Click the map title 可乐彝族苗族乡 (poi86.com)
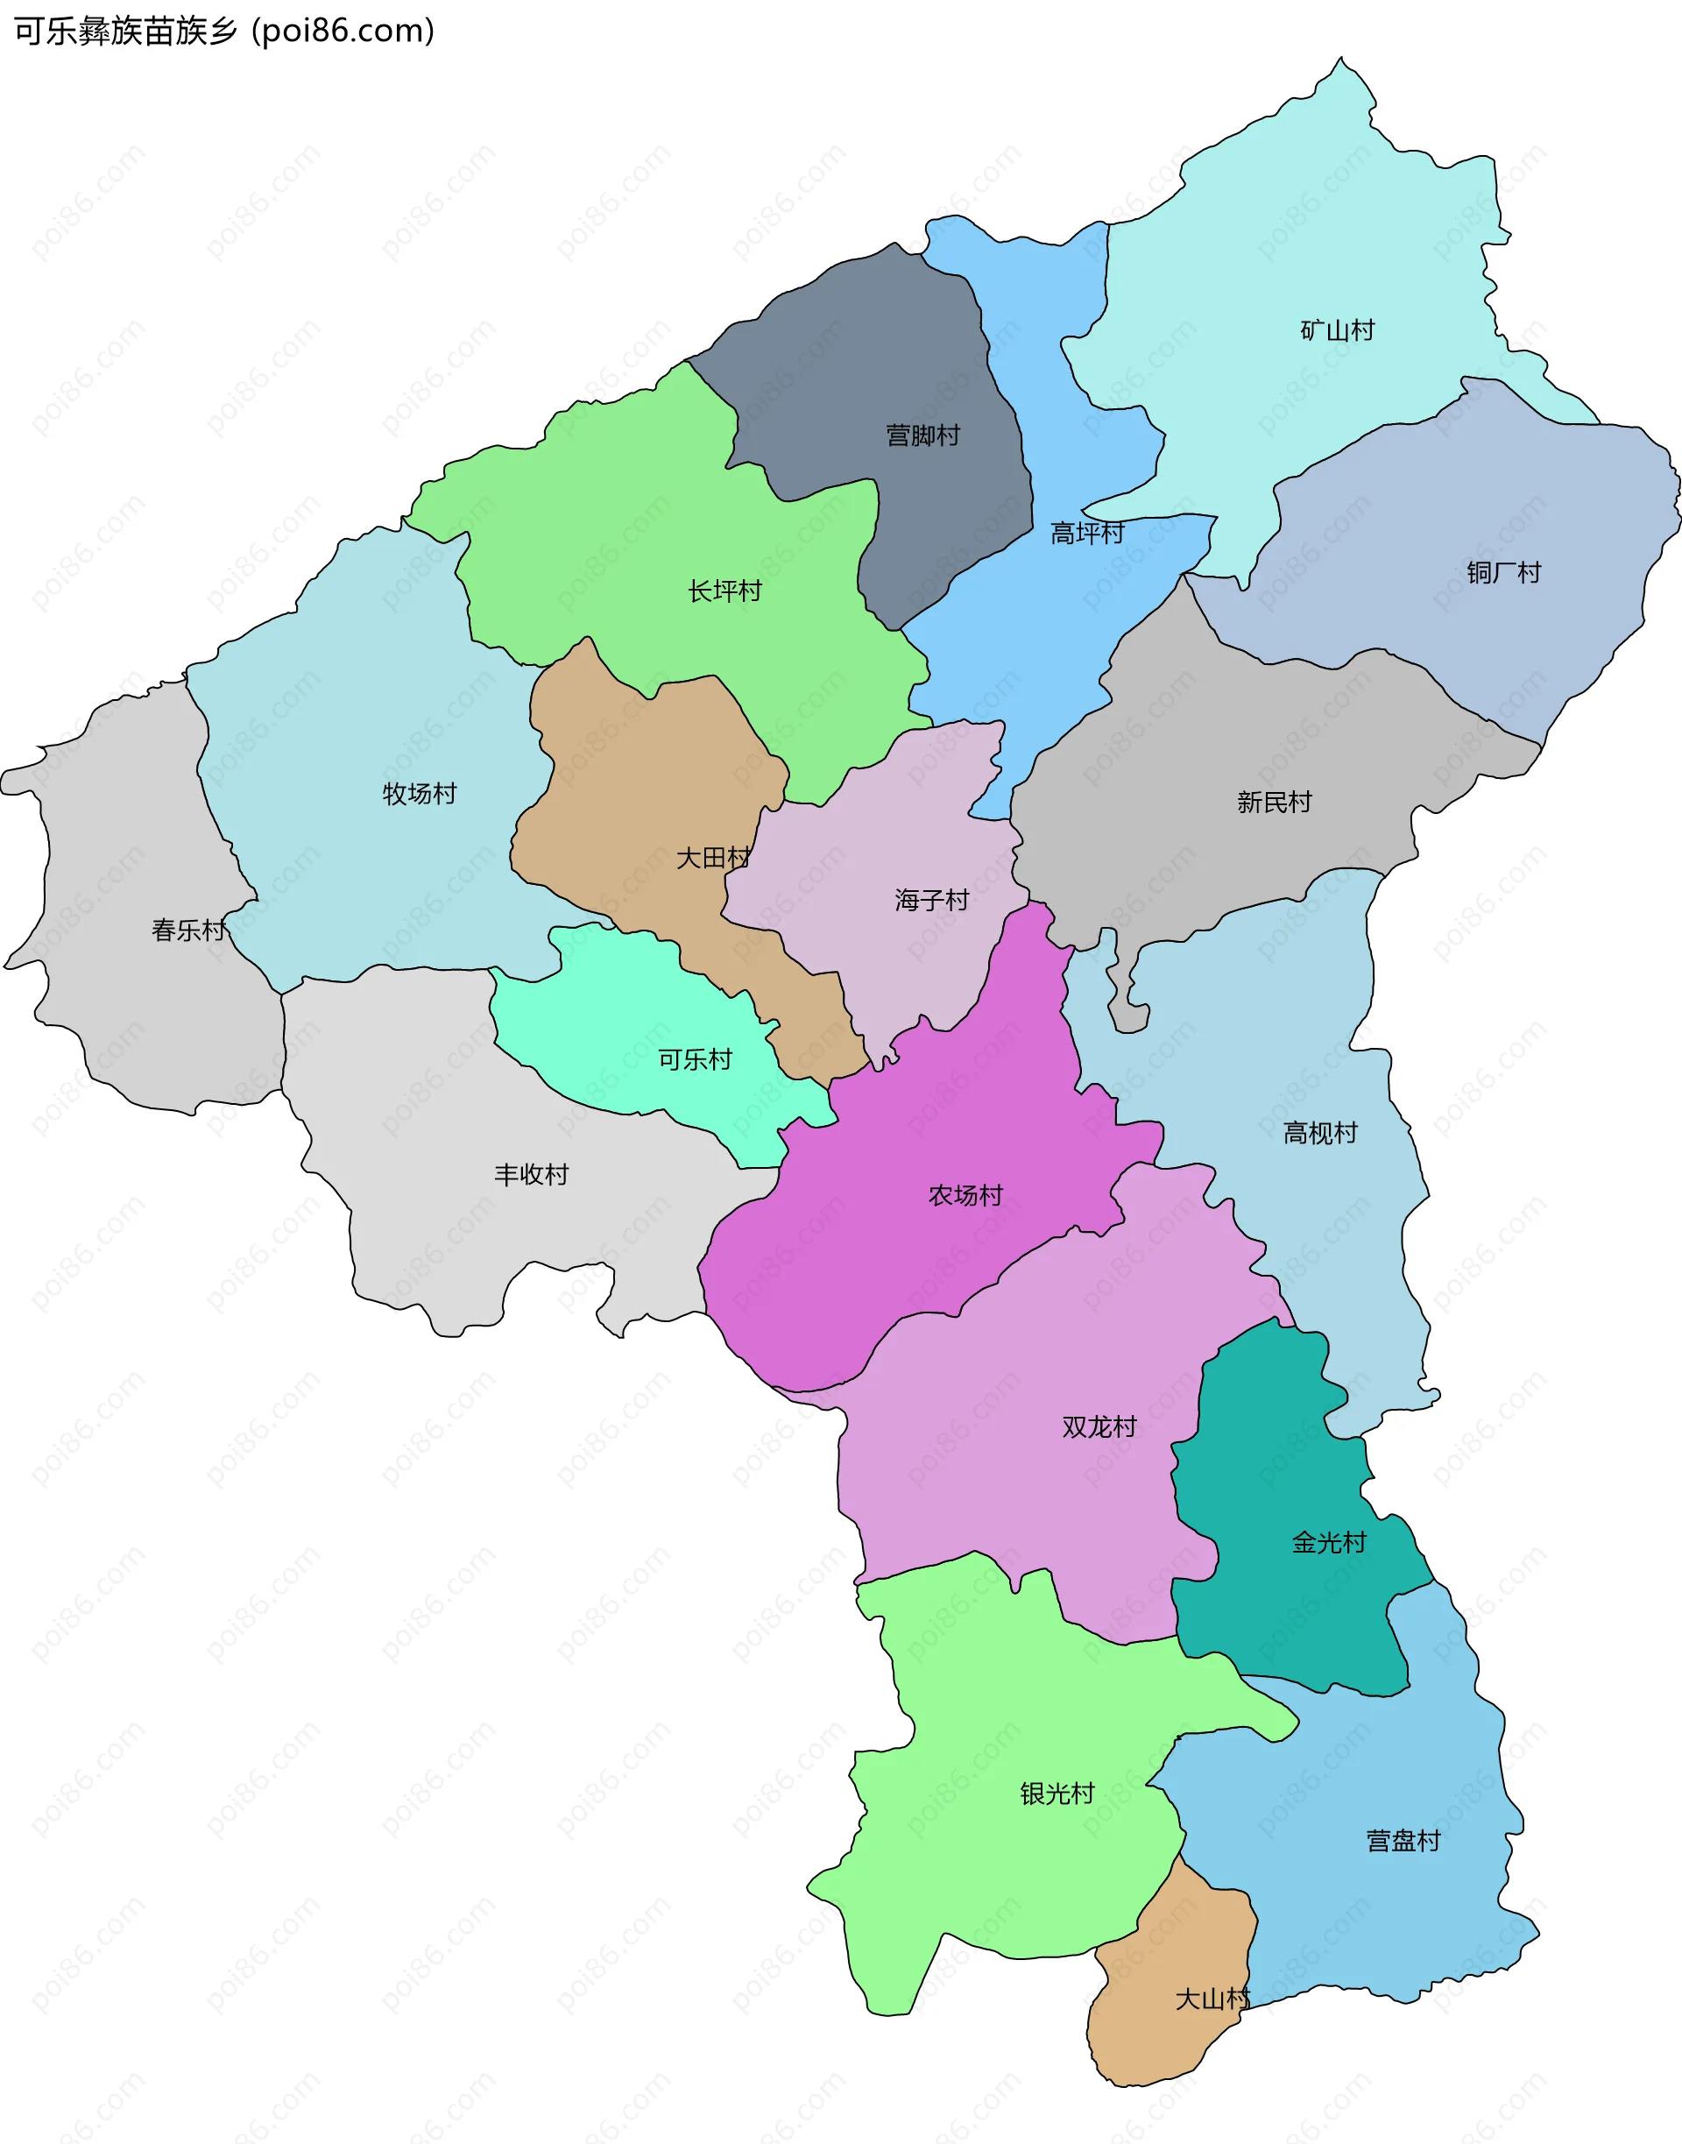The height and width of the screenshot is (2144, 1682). point(224,32)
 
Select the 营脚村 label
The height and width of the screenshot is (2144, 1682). point(922,435)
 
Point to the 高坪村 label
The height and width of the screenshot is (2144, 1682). point(1087,534)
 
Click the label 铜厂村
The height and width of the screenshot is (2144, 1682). point(1502,573)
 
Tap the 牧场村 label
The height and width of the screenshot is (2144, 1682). point(420,794)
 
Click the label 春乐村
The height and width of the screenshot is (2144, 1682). point(188,930)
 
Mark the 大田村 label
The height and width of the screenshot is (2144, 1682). point(713,859)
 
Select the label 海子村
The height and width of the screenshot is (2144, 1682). point(931,900)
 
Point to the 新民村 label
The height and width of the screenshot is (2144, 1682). point(1275,803)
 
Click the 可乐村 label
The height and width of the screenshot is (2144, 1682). point(696,1059)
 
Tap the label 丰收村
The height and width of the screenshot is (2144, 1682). point(531,1175)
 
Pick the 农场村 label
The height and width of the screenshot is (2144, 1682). point(965,1196)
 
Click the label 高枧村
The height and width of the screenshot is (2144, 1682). point(1319,1134)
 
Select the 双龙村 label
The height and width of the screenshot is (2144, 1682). point(1099,1427)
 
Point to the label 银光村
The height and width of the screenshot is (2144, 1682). point(1057,1794)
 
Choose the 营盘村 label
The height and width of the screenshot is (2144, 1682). point(1403,1841)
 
